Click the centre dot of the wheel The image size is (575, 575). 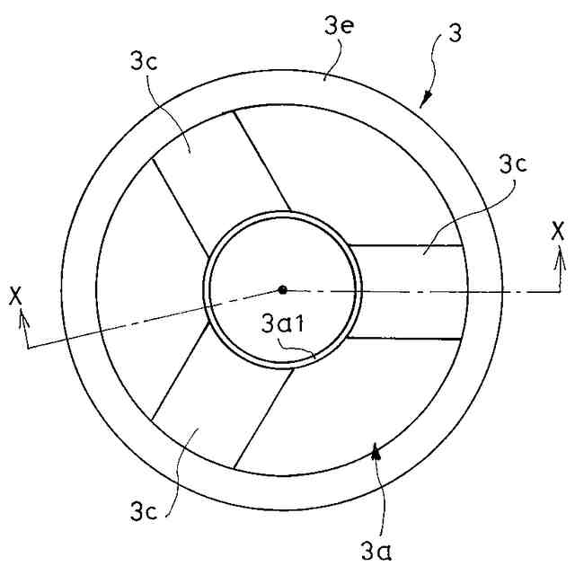(283, 289)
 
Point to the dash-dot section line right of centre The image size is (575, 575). (431, 290)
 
